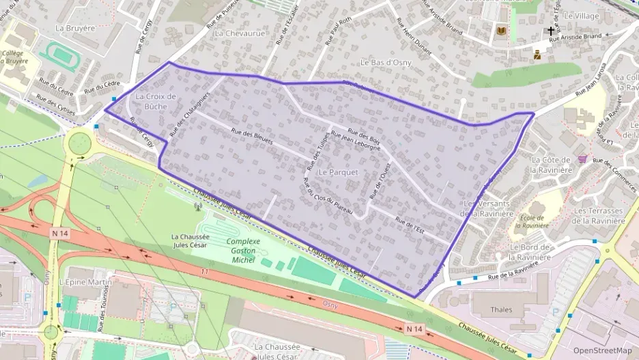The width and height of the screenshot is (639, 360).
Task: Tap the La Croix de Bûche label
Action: click(x=156, y=102)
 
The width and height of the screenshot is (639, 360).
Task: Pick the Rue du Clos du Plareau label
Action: click(x=327, y=197)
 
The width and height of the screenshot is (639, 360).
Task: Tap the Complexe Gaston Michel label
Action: click(x=244, y=251)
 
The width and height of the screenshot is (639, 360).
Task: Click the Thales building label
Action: click(x=501, y=309)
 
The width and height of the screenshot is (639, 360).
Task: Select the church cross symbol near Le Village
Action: click(x=550, y=31)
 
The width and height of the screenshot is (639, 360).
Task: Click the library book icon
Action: click(x=502, y=31)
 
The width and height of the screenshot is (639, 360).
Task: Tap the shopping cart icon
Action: click(x=582, y=158)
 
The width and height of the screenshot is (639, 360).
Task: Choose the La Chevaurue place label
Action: click(x=238, y=32)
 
